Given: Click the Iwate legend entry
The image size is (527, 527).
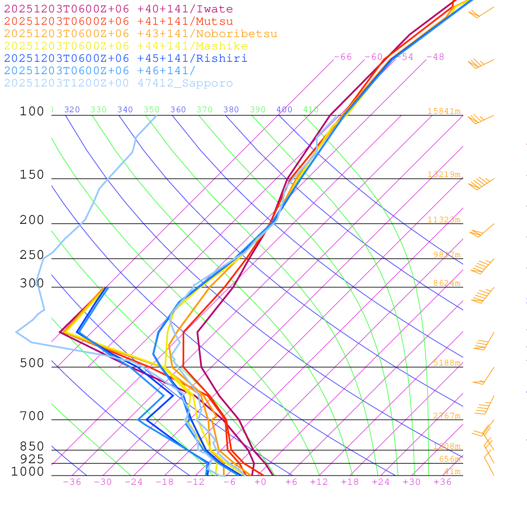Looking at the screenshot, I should coord(118,9).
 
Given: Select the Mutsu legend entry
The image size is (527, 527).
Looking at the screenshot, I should coord(118,22).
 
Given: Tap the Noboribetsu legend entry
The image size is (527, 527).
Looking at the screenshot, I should coord(140,34).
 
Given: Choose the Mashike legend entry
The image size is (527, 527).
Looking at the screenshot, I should coord(126,46).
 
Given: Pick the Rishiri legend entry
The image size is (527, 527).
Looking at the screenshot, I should coord(126,59).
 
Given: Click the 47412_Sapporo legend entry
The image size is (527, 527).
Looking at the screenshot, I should coord(118,83).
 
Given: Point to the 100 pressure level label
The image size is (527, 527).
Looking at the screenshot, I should coord(32,111).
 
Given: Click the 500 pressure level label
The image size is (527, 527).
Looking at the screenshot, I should coord(32,363).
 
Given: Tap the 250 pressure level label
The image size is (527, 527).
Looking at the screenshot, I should coord(32,255).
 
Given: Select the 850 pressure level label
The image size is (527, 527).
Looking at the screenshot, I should coord(32,447).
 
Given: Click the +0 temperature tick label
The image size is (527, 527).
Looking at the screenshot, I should coord(260,482).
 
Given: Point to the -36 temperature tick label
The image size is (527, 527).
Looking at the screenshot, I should coord(72,482).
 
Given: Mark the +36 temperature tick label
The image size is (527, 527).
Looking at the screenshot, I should coord(442,482).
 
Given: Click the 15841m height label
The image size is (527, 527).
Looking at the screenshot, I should coord(444,111).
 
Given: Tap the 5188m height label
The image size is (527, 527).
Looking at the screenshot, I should coord(446,363).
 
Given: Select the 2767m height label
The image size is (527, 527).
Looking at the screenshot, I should coord(446,416).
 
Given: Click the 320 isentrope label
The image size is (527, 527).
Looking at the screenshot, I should coord(72,110).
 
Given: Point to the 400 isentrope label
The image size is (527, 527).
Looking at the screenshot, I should coord(284,110).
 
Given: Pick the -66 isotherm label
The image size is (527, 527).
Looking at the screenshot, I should coord(343,57).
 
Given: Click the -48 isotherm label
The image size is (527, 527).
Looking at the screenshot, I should coord(435,57).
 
